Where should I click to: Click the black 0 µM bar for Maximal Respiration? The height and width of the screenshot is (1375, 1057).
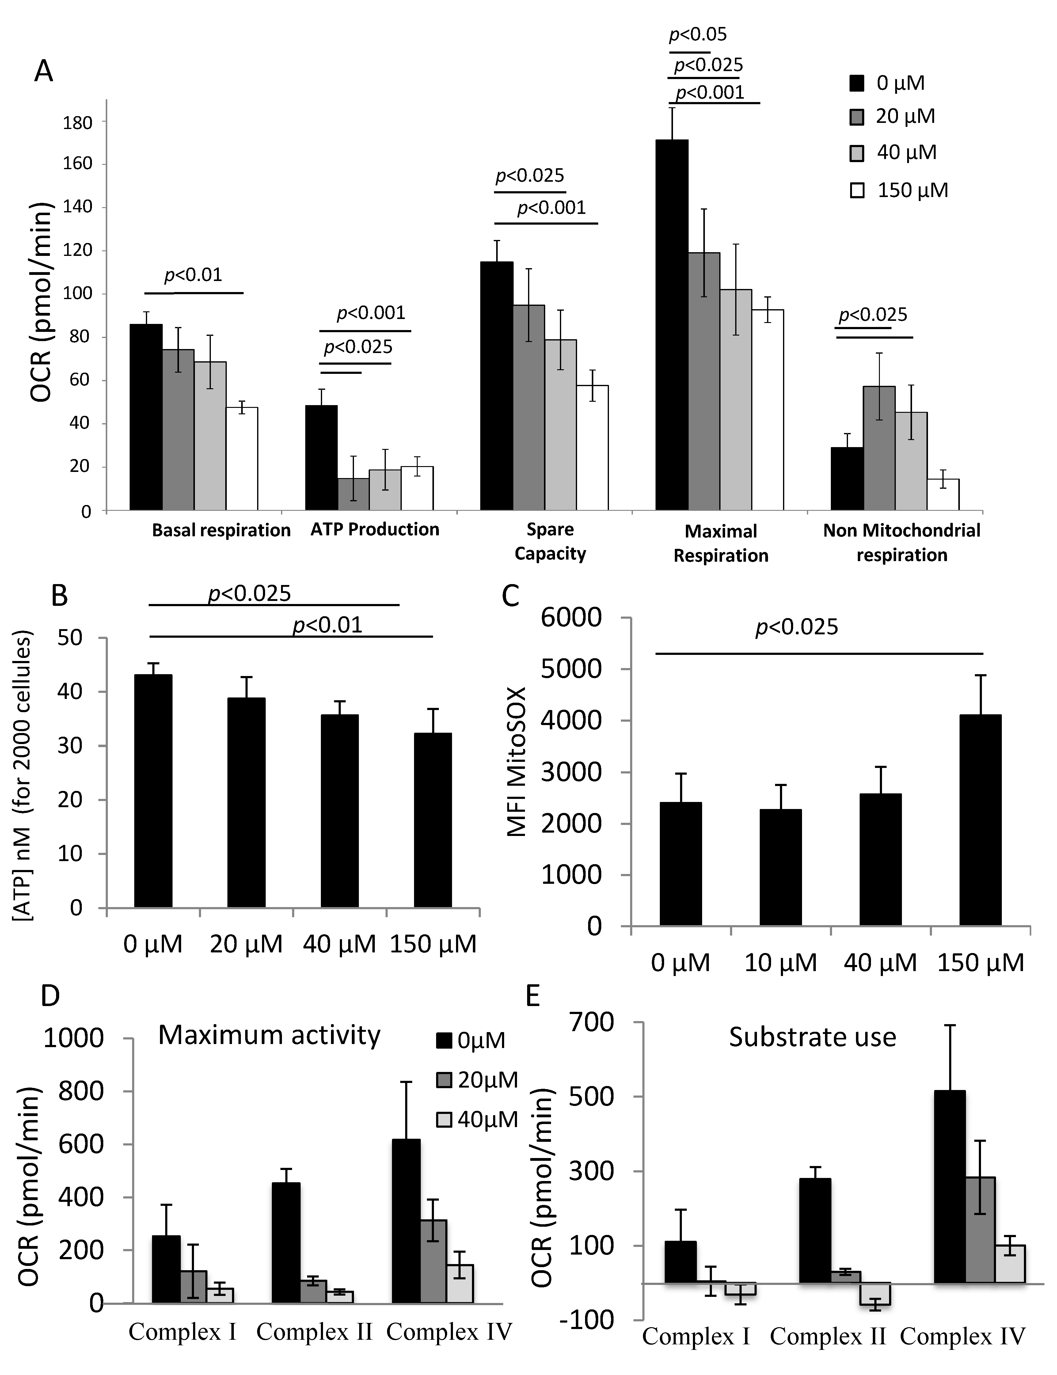coord(672,324)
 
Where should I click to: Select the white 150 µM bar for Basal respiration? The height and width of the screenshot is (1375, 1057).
coord(241,458)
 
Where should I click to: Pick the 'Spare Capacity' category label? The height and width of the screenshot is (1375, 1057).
coord(550,541)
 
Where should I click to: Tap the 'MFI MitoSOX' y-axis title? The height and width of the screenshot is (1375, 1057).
coord(517,762)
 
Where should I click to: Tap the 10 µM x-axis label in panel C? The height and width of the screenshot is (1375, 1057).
coord(780,962)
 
